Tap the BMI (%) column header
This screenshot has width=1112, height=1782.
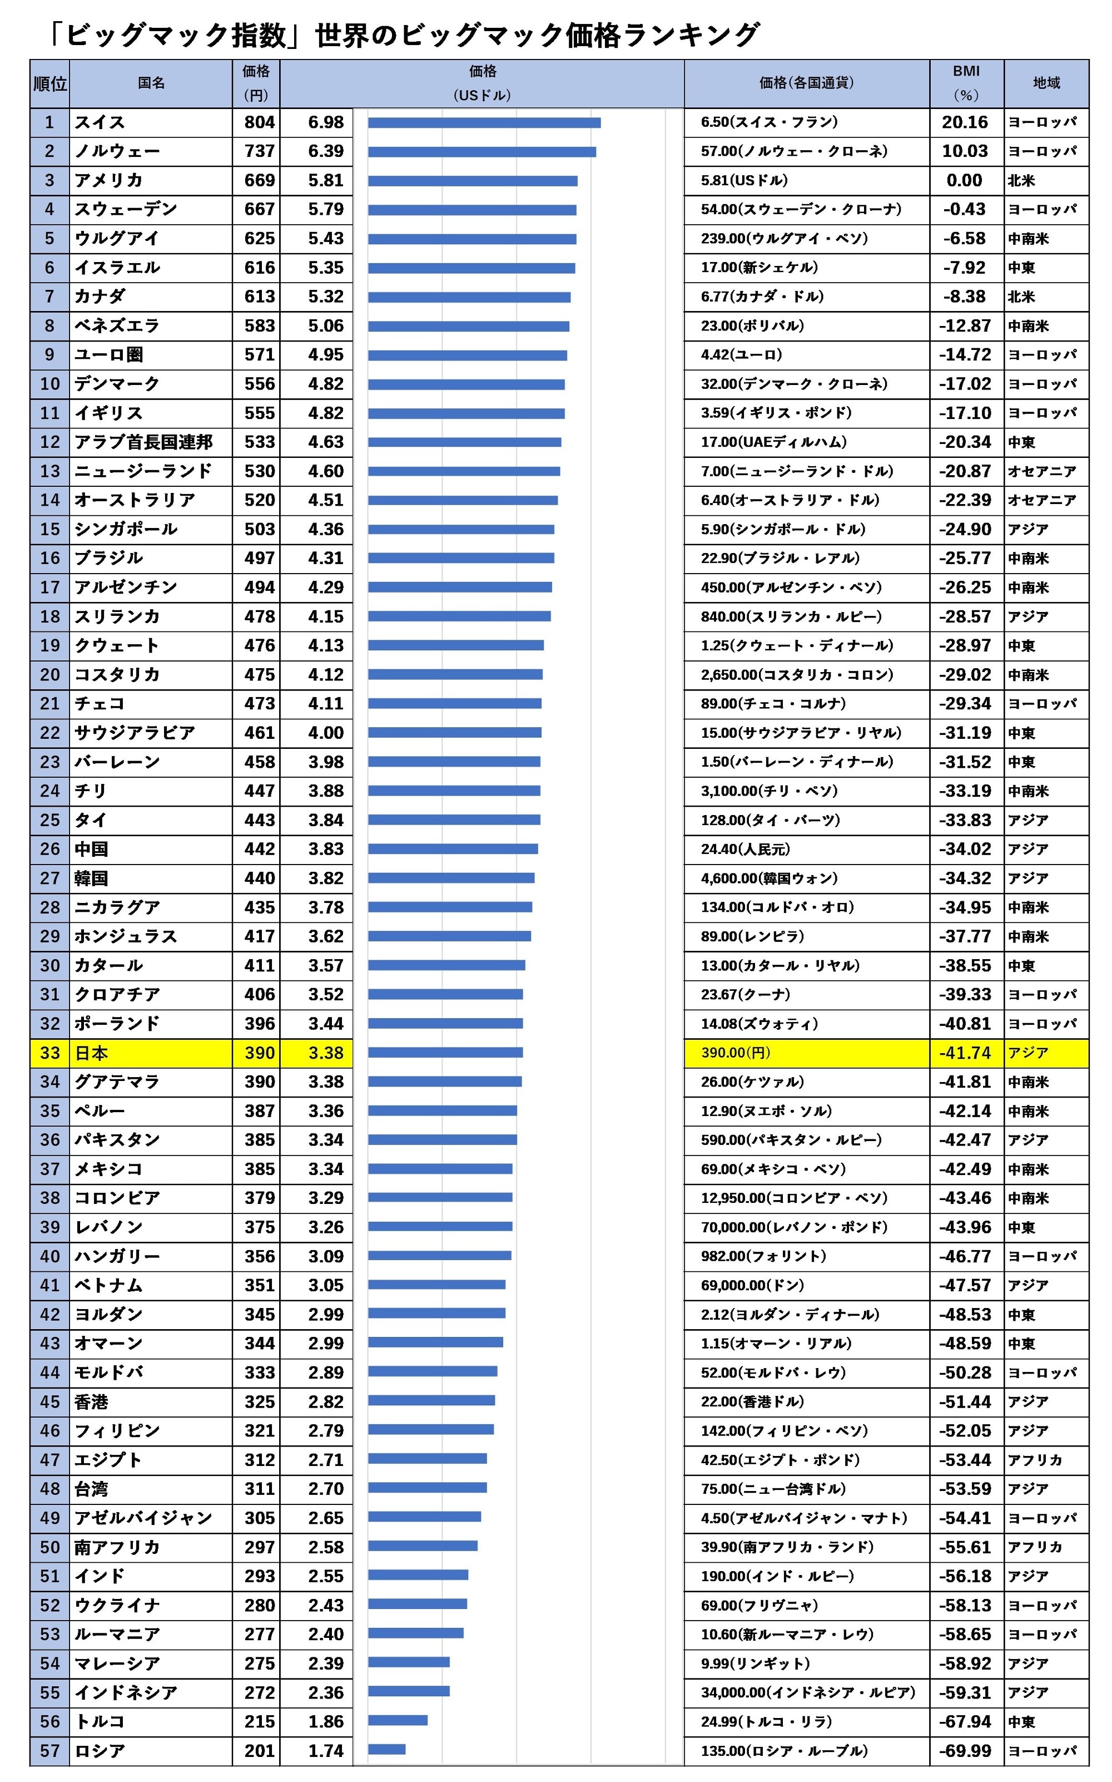click(966, 83)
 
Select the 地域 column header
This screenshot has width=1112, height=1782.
click(1046, 83)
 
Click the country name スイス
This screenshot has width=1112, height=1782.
click(100, 122)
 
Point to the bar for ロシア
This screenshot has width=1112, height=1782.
click(387, 1750)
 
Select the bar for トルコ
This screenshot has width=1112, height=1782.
click(398, 1720)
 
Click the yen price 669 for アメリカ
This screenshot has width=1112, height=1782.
click(259, 180)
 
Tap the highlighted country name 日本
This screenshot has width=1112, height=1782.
click(91, 1053)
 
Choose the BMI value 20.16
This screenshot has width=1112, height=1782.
click(964, 122)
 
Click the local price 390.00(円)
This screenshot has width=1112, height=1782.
click(736, 1053)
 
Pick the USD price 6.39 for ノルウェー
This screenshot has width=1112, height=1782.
click(325, 151)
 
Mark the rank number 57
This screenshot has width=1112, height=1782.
click(50, 1750)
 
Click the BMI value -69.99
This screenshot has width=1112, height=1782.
click(964, 1750)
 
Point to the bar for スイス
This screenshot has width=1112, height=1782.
click(484, 123)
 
